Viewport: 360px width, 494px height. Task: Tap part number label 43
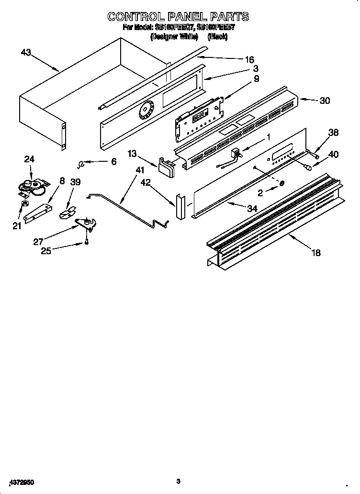tap(26, 53)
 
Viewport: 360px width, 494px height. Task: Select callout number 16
tap(249, 60)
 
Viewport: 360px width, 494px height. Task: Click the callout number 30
tap(325, 101)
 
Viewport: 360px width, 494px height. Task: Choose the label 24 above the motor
tap(29, 159)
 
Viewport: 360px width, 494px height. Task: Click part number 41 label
tap(139, 170)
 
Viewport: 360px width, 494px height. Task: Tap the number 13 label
tap(132, 153)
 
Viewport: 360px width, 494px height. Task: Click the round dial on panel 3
tap(145, 112)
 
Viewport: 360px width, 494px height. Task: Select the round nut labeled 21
tap(22, 206)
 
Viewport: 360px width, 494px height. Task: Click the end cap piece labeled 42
tap(180, 206)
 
